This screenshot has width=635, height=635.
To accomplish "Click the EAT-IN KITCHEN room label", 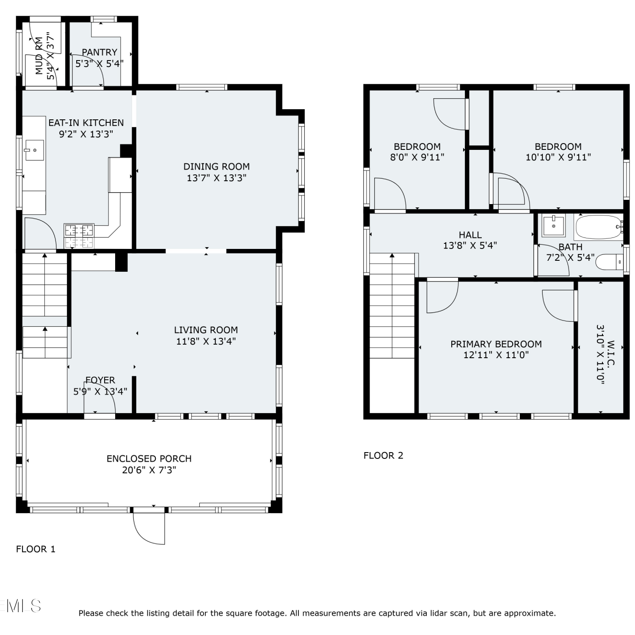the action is click(x=86, y=123).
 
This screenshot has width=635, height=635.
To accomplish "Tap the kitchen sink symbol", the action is click(x=34, y=150).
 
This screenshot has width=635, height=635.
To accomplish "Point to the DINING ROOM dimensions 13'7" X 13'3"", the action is click(x=216, y=178).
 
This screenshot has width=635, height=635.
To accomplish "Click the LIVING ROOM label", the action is click(x=206, y=330).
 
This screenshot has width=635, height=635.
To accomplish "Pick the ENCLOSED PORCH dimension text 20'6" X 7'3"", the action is click(x=149, y=470).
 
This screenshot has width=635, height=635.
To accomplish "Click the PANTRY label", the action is click(x=99, y=52).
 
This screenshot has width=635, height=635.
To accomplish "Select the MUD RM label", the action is click(x=39, y=56).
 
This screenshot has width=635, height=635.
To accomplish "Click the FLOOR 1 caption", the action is click(x=36, y=549).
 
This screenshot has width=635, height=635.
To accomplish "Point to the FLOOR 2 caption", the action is click(x=383, y=456).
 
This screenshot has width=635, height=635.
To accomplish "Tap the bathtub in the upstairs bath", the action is click(x=598, y=227).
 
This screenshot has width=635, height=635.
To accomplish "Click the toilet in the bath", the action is click(x=609, y=262).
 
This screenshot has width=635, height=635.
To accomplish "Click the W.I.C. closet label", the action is click(x=611, y=354).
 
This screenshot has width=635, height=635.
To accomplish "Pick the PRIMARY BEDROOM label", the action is click(x=496, y=344).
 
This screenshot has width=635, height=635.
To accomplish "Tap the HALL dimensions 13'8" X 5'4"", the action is click(x=470, y=245).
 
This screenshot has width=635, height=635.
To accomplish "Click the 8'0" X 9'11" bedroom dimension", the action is click(x=417, y=157).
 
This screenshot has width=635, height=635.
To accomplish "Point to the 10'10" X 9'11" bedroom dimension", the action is click(x=558, y=157).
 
